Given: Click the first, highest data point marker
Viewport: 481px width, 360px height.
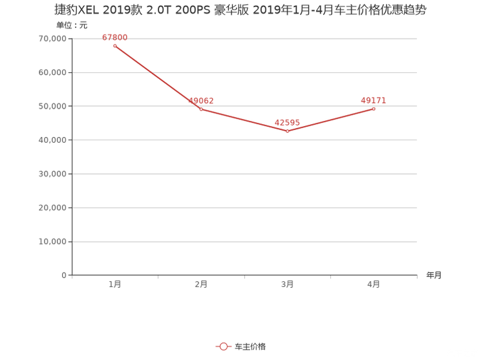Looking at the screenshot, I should [x=114, y=45].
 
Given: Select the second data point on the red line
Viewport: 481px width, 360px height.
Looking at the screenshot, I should [x=200, y=109].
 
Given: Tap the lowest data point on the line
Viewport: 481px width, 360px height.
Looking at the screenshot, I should [x=287, y=131].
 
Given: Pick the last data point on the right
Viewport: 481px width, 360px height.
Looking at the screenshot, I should [x=374, y=109].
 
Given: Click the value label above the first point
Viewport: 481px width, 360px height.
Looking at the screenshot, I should [x=115, y=37].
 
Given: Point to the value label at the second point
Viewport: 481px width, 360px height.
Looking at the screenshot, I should [x=201, y=100].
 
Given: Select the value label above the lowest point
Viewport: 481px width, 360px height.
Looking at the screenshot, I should [x=287, y=122].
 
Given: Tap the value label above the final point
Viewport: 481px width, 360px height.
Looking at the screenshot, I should [x=374, y=100].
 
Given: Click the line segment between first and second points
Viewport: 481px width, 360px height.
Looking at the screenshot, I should [x=157, y=77].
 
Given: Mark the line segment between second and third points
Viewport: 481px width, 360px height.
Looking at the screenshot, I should [x=244, y=120].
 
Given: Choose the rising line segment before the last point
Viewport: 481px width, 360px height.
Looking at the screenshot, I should [x=330, y=120].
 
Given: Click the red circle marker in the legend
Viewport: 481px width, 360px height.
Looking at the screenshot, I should [x=223, y=347].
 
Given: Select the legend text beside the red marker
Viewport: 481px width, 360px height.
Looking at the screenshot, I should [x=250, y=347].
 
